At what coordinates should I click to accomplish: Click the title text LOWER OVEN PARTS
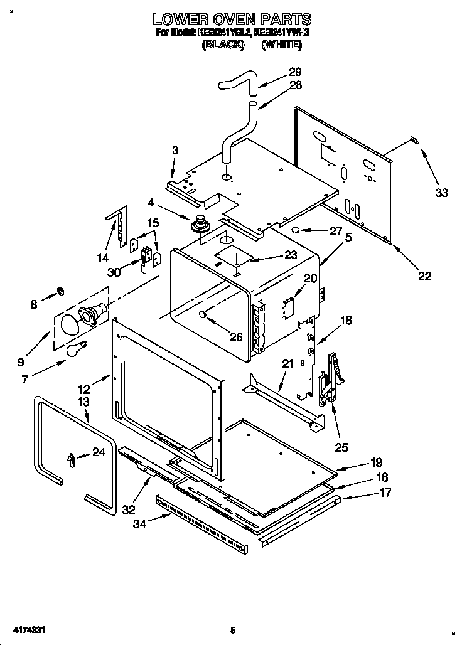click(x=232, y=19)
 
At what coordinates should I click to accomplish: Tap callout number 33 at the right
click(x=442, y=193)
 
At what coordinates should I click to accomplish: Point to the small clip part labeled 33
click(x=413, y=140)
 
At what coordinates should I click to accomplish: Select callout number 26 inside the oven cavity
click(x=235, y=337)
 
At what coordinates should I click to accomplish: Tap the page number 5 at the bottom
click(x=232, y=629)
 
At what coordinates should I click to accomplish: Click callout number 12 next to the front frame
click(x=84, y=390)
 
